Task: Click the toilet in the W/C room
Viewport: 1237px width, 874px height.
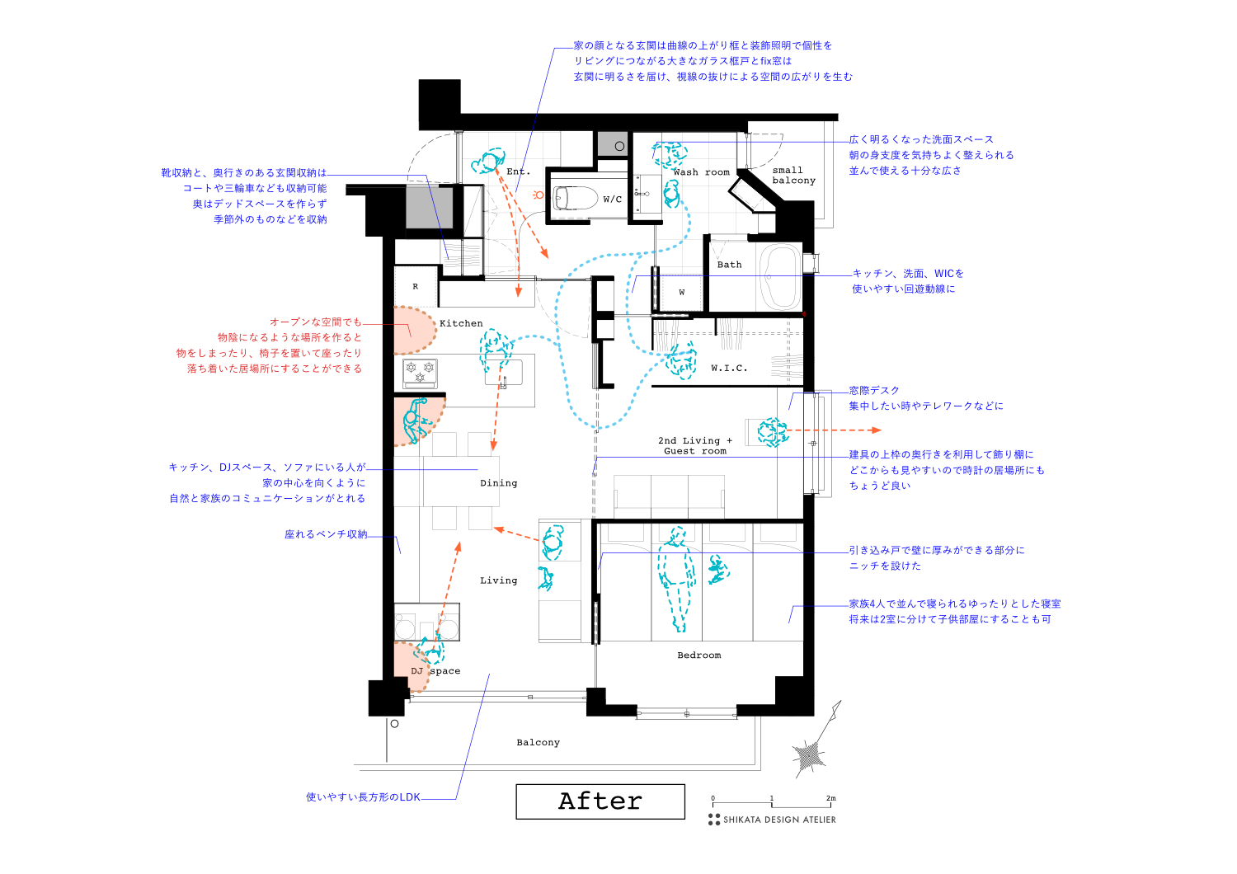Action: (575, 198)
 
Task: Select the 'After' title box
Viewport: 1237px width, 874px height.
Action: (600, 801)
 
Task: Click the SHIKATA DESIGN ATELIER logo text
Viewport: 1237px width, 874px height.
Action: (779, 820)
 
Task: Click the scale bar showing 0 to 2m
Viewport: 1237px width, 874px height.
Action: (774, 802)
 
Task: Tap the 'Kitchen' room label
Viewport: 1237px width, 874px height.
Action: (461, 323)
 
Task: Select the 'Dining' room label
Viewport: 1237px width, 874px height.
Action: (499, 483)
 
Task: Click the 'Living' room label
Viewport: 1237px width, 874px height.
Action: (499, 580)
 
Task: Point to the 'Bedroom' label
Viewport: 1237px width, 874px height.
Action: (699, 655)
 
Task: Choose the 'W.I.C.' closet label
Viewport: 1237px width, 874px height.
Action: (729, 368)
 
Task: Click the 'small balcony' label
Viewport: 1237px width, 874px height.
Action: (793, 176)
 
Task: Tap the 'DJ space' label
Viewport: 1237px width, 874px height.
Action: (436, 671)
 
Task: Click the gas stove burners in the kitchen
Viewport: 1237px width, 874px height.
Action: (420, 372)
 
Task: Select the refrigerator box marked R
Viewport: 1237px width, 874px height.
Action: (416, 287)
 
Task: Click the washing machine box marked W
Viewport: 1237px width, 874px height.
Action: (682, 292)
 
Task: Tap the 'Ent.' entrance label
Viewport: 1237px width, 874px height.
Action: (519, 172)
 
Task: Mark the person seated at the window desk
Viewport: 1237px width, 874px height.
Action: (773, 431)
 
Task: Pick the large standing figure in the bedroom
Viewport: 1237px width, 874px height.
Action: (677, 577)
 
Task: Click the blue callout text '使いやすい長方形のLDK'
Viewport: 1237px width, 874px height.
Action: (363, 797)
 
